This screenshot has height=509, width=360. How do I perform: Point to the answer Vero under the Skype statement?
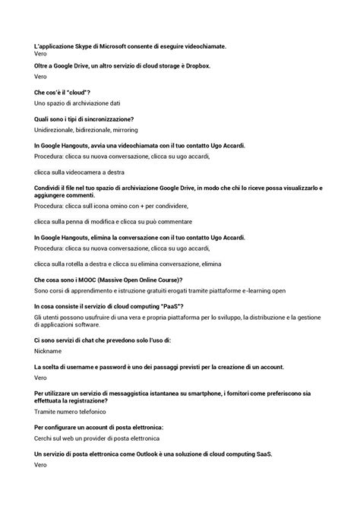[x=41, y=55]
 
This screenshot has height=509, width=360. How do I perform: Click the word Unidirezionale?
[x=55, y=130]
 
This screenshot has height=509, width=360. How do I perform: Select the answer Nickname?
[x=48, y=351]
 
